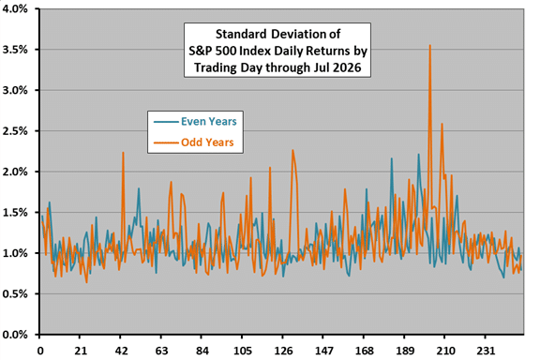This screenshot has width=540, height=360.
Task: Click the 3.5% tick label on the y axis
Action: pos(15,50)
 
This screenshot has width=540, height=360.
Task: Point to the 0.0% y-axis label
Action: pos(15,335)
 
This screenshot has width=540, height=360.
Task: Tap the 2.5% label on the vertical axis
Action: pos(15,131)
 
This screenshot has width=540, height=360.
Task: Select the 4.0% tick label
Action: pos(15,9)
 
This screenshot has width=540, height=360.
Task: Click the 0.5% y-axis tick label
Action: pos(15,293)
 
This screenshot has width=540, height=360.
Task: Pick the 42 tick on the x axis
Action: pos(121,351)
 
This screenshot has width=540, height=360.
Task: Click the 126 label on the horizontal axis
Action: pos(283,351)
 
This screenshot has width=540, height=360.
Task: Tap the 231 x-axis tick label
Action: pos(486,351)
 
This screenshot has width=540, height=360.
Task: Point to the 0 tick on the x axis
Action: pos(40,351)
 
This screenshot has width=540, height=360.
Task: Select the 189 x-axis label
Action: pos(404,351)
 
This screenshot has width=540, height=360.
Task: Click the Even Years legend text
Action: pos(209,121)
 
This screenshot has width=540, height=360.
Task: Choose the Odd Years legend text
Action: pos(207,142)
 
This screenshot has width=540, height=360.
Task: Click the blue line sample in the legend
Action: pos(166,122)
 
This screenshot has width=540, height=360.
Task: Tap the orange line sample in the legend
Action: pos(166,142)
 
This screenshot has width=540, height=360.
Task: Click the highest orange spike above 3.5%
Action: pos(429,45)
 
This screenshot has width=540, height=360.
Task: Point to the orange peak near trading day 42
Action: pos(123,153)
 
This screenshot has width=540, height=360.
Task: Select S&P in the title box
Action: pos(201,51)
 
